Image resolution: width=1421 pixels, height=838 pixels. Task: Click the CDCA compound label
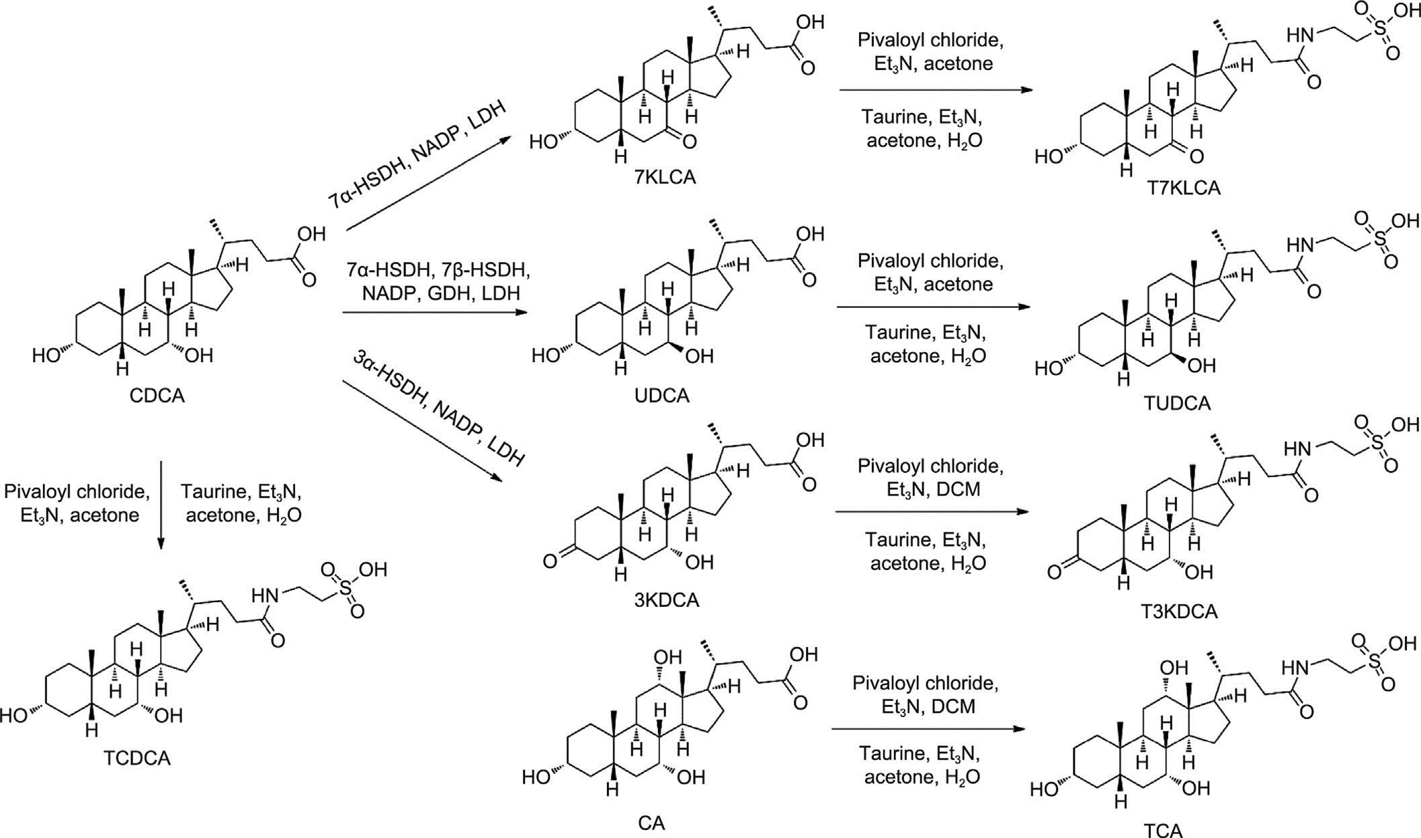[x=157, y=395]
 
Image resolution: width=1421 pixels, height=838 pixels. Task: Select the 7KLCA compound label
[x=665, y=177]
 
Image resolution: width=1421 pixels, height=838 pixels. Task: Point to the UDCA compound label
[x=662, y=395]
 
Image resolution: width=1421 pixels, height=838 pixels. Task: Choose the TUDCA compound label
[x=1177, y=403]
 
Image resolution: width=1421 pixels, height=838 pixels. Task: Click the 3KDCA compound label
[x=666, y=599]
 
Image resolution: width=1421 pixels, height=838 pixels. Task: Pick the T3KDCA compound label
[x=1179, y=611]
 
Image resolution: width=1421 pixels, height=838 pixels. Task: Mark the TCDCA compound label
[x=137, y=758]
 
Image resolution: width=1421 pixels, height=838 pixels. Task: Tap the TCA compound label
[x=1163, y=831]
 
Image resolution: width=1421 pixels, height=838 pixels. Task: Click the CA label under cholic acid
[x=651, y=823]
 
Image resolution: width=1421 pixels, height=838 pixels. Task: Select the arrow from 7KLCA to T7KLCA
[x=935, y=90]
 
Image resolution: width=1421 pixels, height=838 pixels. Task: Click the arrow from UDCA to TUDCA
[x=933, y=307]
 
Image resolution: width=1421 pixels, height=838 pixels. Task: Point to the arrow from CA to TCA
[x=928, y=729]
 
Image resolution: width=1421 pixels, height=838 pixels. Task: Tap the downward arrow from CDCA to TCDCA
[x=161, y=504]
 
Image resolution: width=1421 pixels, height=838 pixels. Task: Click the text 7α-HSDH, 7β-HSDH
[x=438, y=270]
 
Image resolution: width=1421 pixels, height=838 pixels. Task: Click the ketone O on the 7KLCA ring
[x=689, y=142]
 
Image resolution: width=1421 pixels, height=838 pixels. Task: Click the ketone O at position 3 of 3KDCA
[x=550, y=560]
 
